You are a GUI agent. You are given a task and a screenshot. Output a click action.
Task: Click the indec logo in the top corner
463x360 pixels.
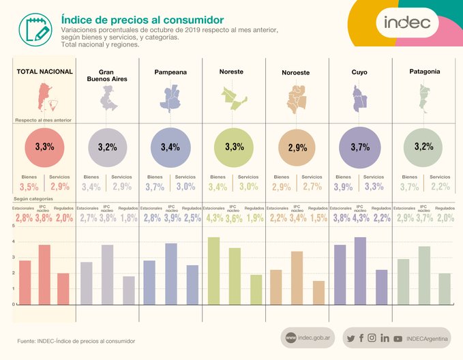(408, 22)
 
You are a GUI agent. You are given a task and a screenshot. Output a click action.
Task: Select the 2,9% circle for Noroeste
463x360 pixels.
(297, 147)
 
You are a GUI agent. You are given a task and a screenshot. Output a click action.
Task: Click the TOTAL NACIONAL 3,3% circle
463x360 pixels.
(45, 147)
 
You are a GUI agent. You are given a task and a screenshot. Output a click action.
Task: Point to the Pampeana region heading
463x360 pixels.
(170, 72)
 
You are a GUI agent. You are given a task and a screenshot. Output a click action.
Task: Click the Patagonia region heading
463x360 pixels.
(424, 71)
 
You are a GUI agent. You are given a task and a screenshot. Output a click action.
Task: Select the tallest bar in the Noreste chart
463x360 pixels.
(213, 270)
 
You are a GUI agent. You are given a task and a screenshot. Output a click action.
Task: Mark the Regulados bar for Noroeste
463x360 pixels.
(318, 292)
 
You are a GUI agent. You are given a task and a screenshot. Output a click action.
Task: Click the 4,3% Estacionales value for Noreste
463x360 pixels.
(213, 217)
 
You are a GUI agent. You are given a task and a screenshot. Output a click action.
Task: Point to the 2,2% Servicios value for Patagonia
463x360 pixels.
(440, 187)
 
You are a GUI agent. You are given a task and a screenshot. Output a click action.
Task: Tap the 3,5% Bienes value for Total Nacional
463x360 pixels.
(29, 187)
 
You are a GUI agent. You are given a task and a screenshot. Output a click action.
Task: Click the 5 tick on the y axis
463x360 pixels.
(14, 242)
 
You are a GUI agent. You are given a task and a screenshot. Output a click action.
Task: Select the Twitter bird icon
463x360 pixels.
(350, 338)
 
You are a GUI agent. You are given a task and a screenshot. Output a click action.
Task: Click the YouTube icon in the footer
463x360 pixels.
(398, 338)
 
